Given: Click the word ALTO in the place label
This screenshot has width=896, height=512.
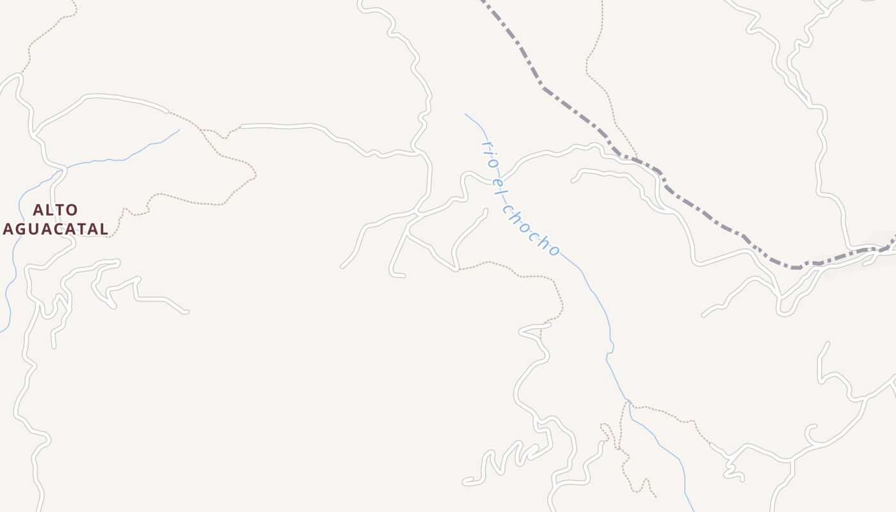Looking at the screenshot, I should click(55, 210).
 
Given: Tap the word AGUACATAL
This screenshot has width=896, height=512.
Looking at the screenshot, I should click(55, 228).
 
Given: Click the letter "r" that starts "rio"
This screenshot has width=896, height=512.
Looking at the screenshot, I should click(484, 145).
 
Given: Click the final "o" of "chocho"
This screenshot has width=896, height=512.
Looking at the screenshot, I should click(554, 250).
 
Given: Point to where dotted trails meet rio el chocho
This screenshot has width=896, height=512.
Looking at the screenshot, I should click(628, 403).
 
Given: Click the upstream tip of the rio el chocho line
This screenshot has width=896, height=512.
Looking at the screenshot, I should click(466, 115).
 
